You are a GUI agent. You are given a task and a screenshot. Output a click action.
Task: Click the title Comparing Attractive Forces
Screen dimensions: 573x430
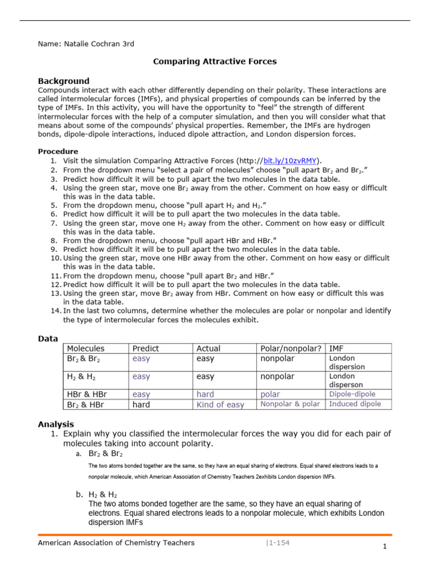coord(215,62)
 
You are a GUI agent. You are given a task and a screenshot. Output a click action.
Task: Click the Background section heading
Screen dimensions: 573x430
coord(63,81)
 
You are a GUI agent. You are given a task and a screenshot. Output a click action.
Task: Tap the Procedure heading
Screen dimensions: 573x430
coord(58,151)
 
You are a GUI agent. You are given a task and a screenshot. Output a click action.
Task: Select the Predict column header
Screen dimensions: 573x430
coord(144,349)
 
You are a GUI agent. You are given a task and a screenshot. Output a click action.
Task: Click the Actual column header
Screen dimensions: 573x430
coord(209,349)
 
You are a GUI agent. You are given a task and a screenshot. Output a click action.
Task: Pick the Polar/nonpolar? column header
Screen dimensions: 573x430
coord(291,349)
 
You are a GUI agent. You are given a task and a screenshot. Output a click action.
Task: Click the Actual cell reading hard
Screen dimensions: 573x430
coord(205,394)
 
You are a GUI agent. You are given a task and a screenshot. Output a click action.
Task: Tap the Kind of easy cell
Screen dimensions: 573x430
coord(220,405)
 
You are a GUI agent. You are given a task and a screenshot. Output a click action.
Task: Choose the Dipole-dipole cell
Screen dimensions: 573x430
coord(352,394)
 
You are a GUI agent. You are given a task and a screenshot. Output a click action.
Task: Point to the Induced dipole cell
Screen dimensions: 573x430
coord(355,404)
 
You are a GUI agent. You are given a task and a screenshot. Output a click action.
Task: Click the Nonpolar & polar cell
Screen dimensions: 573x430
coord(290,404)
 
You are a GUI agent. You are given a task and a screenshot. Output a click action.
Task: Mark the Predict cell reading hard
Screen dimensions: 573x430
coord(141,405)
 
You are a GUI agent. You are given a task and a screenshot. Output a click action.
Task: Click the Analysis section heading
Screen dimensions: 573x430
coord(55,424)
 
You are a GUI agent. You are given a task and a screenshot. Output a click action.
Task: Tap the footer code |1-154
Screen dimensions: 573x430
coord(278,543)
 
